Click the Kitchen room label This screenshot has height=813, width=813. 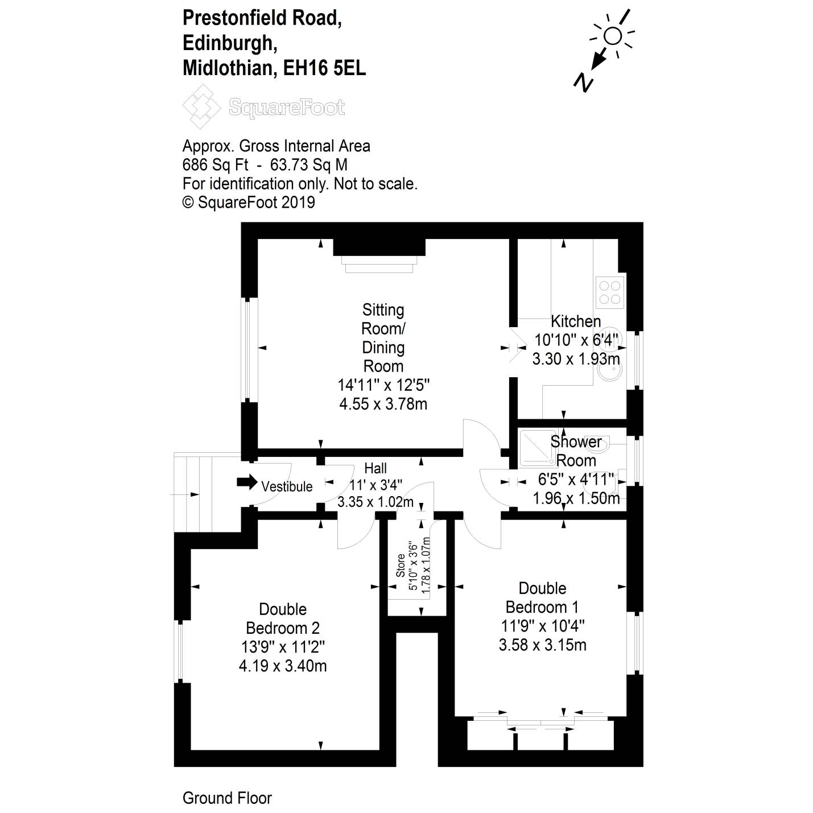[x=575, y=321]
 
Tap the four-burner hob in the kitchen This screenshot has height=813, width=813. [x=610, y=292]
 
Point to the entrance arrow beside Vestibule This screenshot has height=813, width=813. [x=247, y=482]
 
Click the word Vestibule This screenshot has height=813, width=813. [x=287, y=486]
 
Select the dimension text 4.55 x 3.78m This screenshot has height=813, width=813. [x=383, y=404]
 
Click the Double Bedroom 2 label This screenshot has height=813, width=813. [x=283, y=618]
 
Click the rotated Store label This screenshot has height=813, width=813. [x=401, y=566]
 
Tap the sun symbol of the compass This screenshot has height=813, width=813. [x=612, y=36]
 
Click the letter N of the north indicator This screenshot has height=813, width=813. [x=584, y=82]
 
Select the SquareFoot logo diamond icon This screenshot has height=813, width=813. [x=201, y=106]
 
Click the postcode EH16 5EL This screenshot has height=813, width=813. [x=324, y=68]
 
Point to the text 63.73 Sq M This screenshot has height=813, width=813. [x=308, y=164]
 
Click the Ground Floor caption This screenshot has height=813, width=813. [x=227, y=798]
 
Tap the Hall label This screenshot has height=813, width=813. [x=375, y=468]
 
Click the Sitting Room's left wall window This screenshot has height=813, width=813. [x=249, y=348]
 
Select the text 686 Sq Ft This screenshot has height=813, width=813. [x=215, y=164]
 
